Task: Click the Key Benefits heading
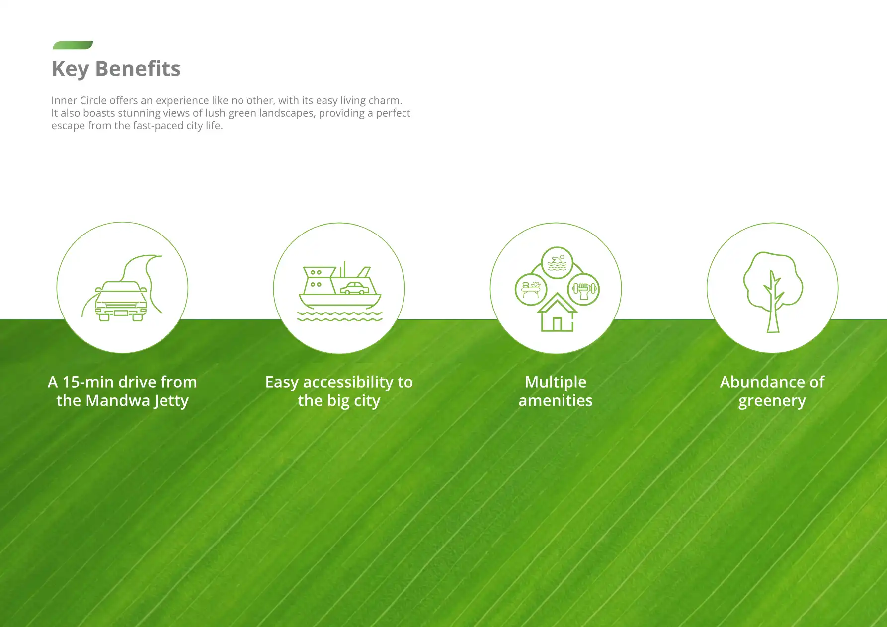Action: [x=116, y=69]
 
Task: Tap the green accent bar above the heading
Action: [x=73, y=45]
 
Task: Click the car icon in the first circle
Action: [x=121, y=301]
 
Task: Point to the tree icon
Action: [x=773, y=292]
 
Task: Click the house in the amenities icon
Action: [x=557, y=313]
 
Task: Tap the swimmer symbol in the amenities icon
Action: [x=557, y=263]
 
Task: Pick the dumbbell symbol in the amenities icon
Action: [x=584, y=290]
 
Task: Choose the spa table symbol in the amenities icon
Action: [x=531, y=290]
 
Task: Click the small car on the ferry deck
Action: [x=354, y=288]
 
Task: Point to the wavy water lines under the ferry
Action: [x=340, y=316]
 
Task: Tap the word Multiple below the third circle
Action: [x=556, y=382]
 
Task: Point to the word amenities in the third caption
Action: [x=556, y=400]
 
